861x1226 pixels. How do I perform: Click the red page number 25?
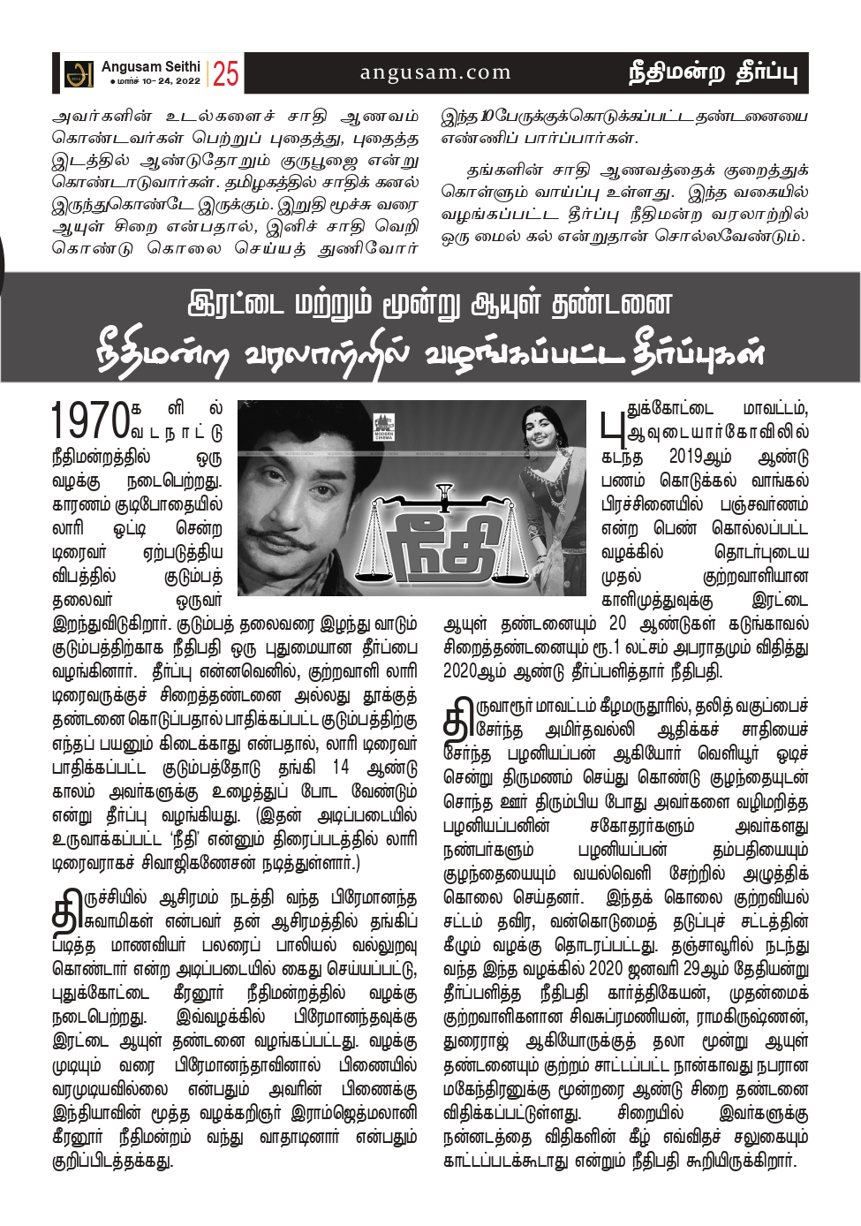tap(225, 73)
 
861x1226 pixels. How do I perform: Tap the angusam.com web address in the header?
tap(435, 72)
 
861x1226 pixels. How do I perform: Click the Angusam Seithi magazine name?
tap(150, 66)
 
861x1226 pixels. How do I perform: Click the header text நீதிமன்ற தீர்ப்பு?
tap(712, 72)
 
